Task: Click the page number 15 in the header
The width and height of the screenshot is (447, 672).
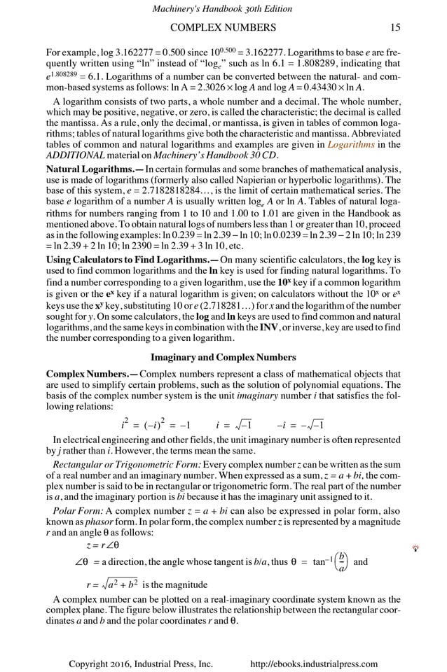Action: (396, 28)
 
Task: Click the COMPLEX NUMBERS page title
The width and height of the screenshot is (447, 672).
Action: (224, 28)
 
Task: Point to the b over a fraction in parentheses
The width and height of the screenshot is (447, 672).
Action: (341, 561)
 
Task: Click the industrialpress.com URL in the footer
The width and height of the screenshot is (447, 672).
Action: (314, 664)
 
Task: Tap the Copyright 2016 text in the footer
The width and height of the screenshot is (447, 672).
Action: (140, 664)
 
